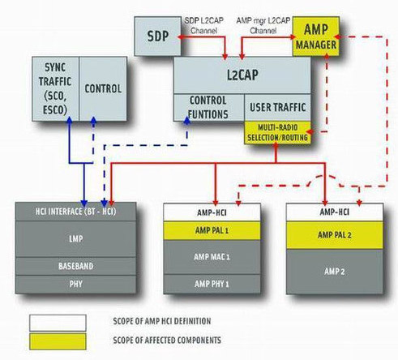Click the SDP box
tap(158, 36)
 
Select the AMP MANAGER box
tap(316, 36)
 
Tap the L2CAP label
tap(242, 75)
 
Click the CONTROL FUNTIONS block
tap(209, 107)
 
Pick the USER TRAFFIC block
tap(278, 107)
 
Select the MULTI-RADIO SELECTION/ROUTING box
tap(278, 132)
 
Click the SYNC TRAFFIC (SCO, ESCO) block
tap(56, 88)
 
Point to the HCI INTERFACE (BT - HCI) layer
tap(76, 212)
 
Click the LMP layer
tap(76, 239)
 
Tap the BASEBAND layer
tap(76, 266)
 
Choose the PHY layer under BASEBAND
tap(76, 285)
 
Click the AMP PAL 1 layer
tap(212, 230)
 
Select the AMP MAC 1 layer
tap(212, 257)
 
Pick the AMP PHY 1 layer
tap(212, 284)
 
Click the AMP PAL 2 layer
tap(335, 235)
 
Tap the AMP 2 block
tap(335, 272)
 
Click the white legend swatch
tap(58, 323)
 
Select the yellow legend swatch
tap(58, 341)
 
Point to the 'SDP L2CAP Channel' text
tap(204, 26)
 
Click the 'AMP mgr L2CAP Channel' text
tap(263, 26)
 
